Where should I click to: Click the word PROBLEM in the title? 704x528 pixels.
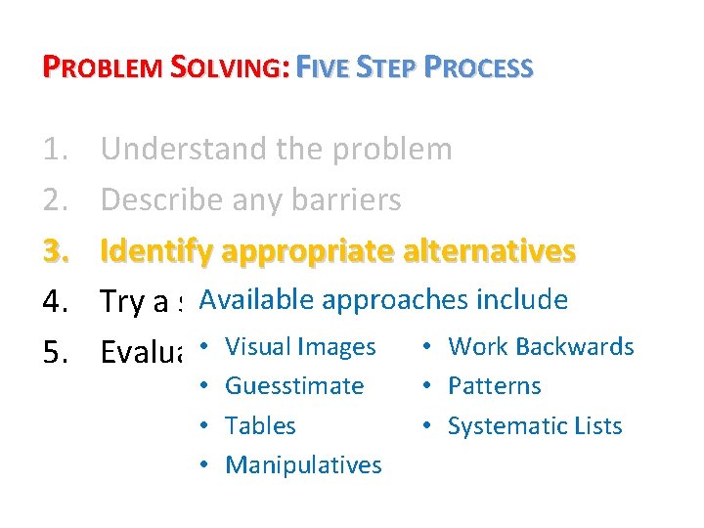point(104,67)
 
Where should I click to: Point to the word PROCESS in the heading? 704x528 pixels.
point(479,67)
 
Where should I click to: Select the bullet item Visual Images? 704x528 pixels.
point(300,347)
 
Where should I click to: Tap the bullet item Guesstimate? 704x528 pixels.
point(294,386)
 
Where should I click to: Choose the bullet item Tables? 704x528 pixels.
point(260,425)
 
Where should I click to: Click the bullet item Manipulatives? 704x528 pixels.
point(303,464)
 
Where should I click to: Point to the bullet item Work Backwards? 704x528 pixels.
point(541,347)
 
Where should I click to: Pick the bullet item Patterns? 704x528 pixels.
point(494,386)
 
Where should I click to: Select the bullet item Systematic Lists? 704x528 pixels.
point(535,425)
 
